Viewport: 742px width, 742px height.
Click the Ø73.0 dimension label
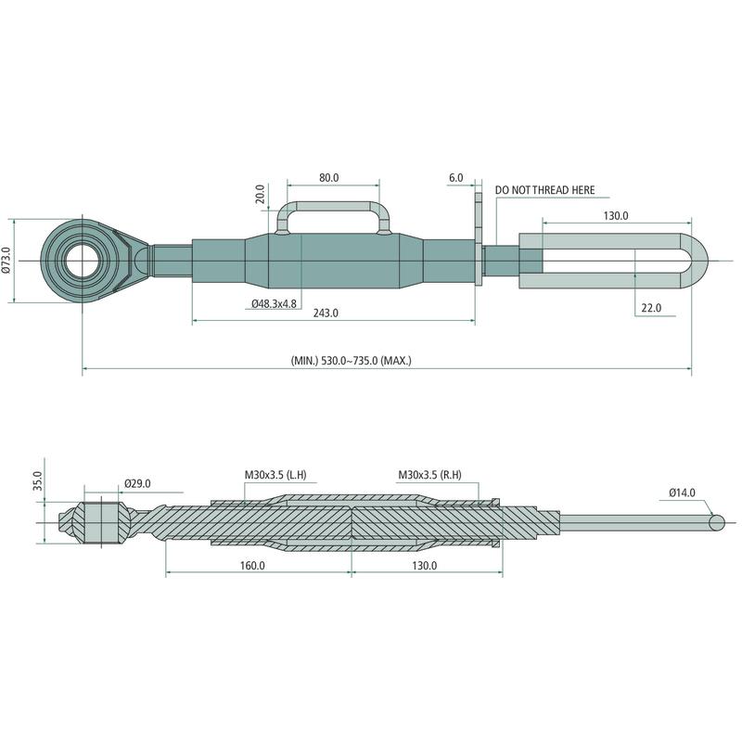(6, 261)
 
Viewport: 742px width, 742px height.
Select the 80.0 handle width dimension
(329, 178)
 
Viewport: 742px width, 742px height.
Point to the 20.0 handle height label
(261, 194)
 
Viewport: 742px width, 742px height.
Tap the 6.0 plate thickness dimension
(455, 178)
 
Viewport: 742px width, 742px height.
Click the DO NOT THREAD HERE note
(544, 190)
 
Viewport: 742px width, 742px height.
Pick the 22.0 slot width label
(651, 308)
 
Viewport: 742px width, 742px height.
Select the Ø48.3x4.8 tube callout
(274, 304)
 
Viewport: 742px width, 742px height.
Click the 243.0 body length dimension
(326, 313)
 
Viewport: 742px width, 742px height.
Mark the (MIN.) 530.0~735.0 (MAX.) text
(352, 361)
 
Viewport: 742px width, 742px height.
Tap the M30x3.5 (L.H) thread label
(275, 475)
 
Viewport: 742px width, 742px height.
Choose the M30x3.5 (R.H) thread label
(429, 475)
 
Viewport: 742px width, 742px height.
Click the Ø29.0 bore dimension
(137, 483)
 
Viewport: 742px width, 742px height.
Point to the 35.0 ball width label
(38, 480)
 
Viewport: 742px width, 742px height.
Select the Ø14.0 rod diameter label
(683, 493)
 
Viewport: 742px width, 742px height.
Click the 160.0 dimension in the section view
(252, 566)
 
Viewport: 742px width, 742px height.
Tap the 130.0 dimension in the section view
(425, 566)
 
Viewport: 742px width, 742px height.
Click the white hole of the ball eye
(83, 261)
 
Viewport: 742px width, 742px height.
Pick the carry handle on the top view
(333, 218)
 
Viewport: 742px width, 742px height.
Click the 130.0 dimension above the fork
(616, 216)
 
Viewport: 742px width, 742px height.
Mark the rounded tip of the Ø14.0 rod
(717, 522)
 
